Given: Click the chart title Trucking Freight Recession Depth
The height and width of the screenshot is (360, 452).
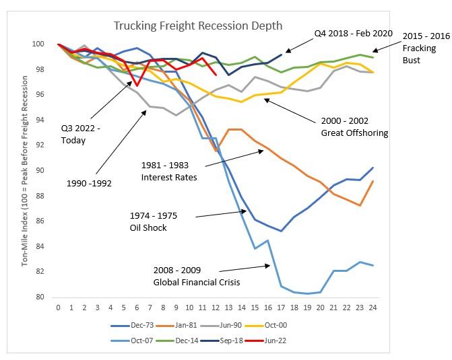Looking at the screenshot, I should pos(198,26).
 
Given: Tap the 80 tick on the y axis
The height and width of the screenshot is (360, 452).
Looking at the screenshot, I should pos(40,297).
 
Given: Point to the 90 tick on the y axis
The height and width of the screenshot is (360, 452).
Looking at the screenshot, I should pos(40,171).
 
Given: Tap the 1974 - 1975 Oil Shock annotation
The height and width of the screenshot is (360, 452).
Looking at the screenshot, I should pos(153,221).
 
